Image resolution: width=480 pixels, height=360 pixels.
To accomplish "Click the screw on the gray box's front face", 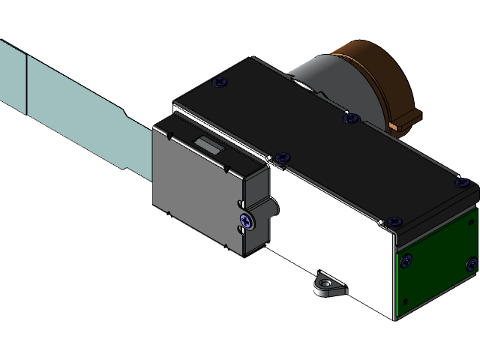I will point(245,220).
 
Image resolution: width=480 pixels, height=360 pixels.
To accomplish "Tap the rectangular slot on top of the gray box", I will point(208,145).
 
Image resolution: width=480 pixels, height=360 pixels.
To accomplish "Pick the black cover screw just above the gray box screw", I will point(282,157).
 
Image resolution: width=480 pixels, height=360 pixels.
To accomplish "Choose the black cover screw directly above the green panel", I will point(394,222).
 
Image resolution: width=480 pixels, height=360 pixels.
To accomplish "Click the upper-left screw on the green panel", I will point(406,260).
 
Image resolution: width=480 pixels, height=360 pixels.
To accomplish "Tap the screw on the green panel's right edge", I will point(471,263).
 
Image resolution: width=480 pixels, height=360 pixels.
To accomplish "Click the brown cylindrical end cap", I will point(375,75).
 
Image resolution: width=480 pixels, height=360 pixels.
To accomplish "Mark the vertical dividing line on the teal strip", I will point(27,82).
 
